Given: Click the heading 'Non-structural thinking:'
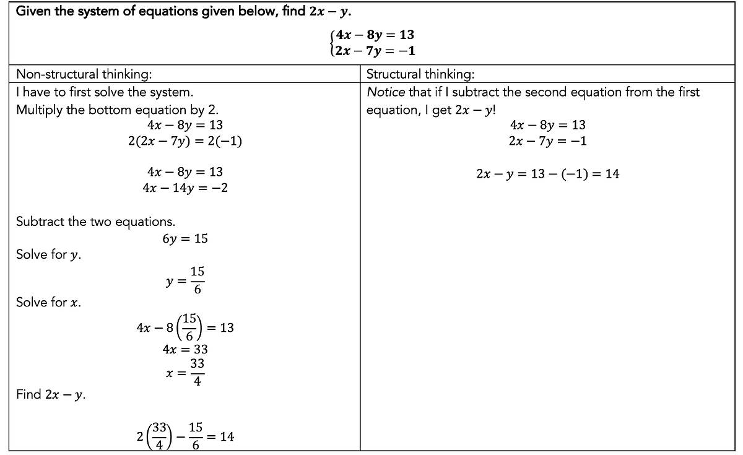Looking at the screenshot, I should (84, 75).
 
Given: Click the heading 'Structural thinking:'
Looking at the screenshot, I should (420, 75).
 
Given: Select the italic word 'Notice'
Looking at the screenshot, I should (386, 92).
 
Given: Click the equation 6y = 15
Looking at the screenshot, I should (185, 238).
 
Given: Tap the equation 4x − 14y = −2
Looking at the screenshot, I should (185, 188).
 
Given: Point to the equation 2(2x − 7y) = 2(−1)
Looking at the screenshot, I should (185, 141).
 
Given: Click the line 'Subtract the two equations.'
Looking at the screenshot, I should (95, 222).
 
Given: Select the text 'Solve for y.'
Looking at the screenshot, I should (49, 255).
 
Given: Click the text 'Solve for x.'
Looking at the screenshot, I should (48, 303).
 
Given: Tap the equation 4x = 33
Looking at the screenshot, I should (185, 349).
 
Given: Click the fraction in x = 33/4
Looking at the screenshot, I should (197, 372).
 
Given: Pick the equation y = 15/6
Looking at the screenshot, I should (185, 280).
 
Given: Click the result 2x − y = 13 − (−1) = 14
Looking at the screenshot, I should (547, 174).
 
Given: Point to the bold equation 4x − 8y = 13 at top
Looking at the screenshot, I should (375, 35).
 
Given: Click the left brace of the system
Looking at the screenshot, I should (333, 43).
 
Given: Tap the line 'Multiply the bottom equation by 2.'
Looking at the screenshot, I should (117, 110).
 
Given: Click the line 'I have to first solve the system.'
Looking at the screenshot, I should (105, 92).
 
